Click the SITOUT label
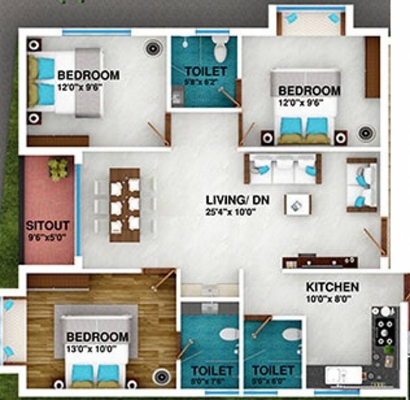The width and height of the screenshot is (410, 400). pyautogui.click(x=47, y=227)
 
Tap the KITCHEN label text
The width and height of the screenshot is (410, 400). pyautogui.click(x=332, y=287)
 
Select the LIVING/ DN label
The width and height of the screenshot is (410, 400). pyautogui.click(x=230, y=199)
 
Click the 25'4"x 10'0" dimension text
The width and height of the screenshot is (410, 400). pyautogui.click(x=230, y=212)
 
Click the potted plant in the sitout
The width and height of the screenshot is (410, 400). pyautogui.click(x=58, y=168)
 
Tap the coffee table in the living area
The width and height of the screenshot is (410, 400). pyautogui.click(x=298, y=204)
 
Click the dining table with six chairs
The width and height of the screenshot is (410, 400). pyautogui.click(x=125, y=205)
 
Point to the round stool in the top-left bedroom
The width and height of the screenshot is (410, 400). pyautogui.click(x=152, y=48)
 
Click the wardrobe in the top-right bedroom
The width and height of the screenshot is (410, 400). pyautogui.click(x=372, y=67)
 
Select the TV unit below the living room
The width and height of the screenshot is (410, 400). pyautogui.click(x=319, y=261)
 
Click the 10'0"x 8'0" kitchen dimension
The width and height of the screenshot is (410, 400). pyautogui.click(x=329, y=299)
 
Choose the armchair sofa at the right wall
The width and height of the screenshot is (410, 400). pyautogui.click(x=363, y=185)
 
